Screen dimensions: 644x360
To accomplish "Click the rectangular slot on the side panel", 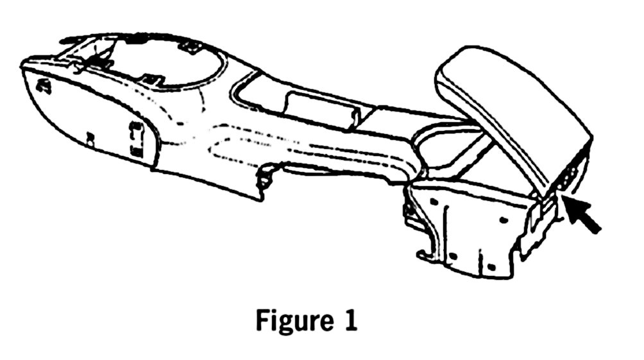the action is [136, 137].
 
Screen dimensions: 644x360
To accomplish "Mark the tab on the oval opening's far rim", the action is [190, 46].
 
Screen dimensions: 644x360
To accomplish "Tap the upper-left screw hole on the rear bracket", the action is [435, 201].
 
